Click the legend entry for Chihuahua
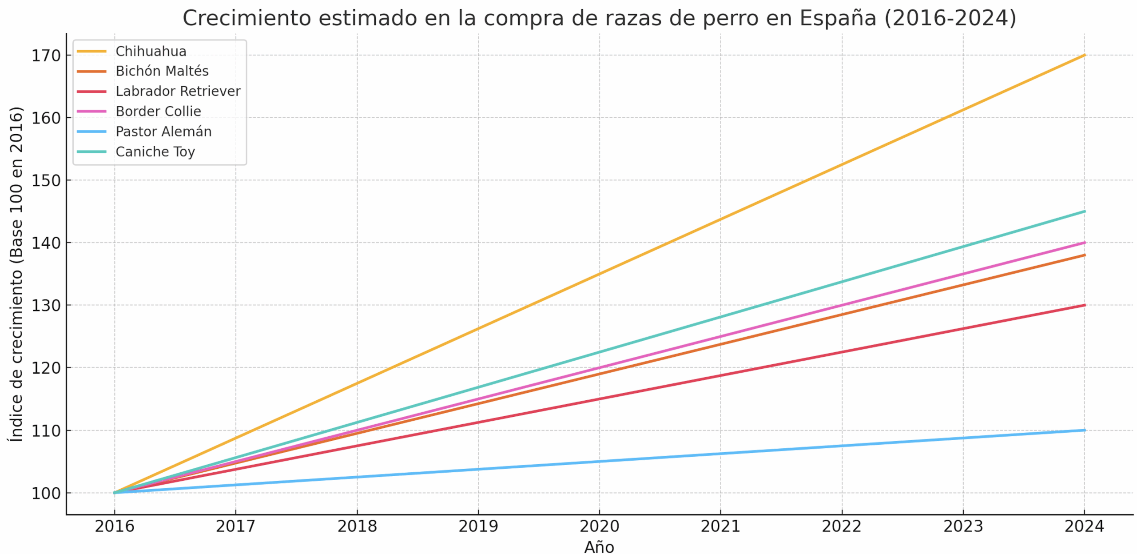tap(151, 51)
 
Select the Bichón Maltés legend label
tap(162, 71)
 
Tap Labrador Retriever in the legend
tap(178, 91)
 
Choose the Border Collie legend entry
tap(158, 111)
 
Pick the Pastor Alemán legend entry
tap(163, 132)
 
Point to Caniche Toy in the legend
tap(155, 151)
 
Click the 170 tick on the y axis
tap(46, 56)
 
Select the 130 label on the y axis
tap(46, 306)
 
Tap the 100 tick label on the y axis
tap(46, 493)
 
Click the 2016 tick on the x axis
tap(114, 526)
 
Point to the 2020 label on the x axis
tap(599, 526)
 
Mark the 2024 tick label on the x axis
tap(1084, 526)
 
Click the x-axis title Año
tap(599, 547)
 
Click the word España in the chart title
tap(838, 19)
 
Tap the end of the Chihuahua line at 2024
tap(1084, 55)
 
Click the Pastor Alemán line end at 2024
tap(1084, 430)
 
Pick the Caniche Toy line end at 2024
tap(1084, 211)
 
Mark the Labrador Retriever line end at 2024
tap(1084, 305)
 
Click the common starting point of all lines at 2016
tap(115, 493)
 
